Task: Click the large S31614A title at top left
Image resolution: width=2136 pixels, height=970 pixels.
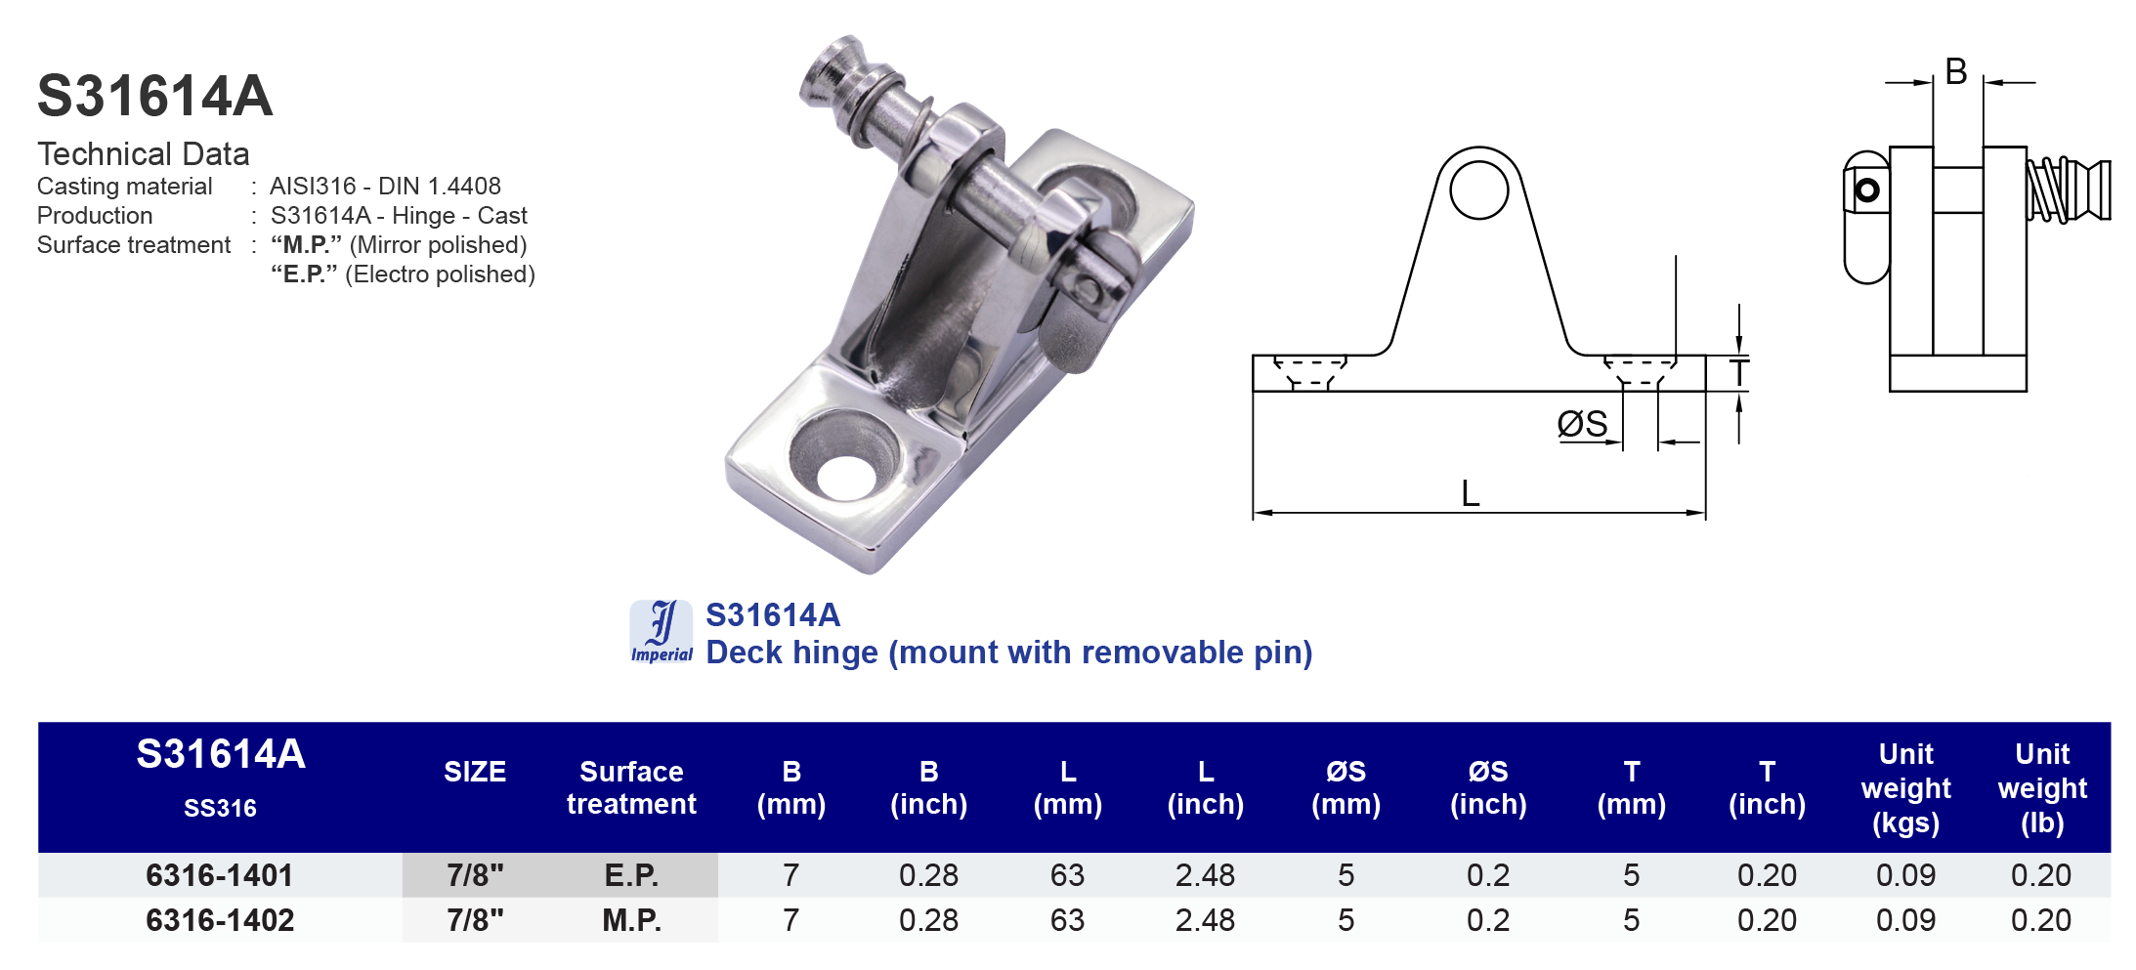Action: [x=154, y=96]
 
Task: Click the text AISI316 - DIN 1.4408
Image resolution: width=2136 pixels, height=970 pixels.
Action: [x=385, y=186]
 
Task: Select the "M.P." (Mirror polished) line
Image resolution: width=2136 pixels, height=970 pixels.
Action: [x=399, y=244]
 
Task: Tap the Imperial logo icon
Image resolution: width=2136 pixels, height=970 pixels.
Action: [x=661, y=631]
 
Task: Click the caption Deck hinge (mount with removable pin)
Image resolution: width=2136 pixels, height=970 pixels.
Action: [x=1008, y=652]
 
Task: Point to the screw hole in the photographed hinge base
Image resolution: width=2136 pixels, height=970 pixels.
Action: [x=846, y=476]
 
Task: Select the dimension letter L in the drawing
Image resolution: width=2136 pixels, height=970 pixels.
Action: [x=1470, y=493]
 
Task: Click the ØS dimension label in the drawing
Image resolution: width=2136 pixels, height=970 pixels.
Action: [x=1582, y=424]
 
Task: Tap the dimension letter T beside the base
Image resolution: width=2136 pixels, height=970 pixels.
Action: [x=1738, y=373]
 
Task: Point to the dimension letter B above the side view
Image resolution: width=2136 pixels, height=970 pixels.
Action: [x=1955, y=71]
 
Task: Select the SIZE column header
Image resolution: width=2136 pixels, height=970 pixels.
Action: [x=475, y=772]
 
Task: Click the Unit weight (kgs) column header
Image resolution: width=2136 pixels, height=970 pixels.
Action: [x=1904, y=787]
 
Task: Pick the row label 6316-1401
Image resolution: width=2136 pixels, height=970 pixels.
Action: [x=220, y=875]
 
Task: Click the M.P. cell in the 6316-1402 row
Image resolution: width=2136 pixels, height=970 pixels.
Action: [x=631, y=920]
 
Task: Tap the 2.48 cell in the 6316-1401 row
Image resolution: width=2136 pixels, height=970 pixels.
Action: [x=1205, y=875]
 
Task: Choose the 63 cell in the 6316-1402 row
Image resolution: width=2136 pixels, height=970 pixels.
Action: [x=1067, y=920]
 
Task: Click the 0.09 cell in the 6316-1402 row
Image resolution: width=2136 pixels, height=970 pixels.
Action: [x=1904, y=920]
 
